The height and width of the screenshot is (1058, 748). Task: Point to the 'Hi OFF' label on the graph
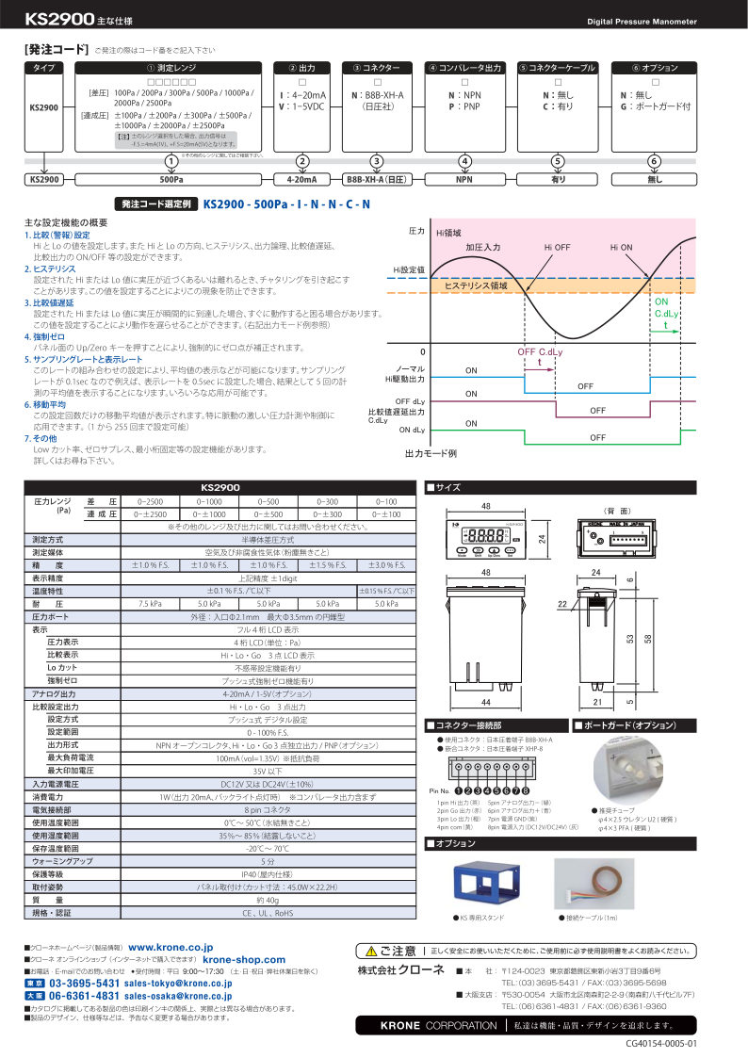point(558,247)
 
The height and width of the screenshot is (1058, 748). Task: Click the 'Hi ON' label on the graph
point(621,247)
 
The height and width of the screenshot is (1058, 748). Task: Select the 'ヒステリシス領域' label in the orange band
point(476,285)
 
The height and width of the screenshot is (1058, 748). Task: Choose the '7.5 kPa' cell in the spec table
point(150,603)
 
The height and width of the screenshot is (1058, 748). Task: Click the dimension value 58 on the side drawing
point(647,640)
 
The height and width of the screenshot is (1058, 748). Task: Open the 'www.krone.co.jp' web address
point(170,947)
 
